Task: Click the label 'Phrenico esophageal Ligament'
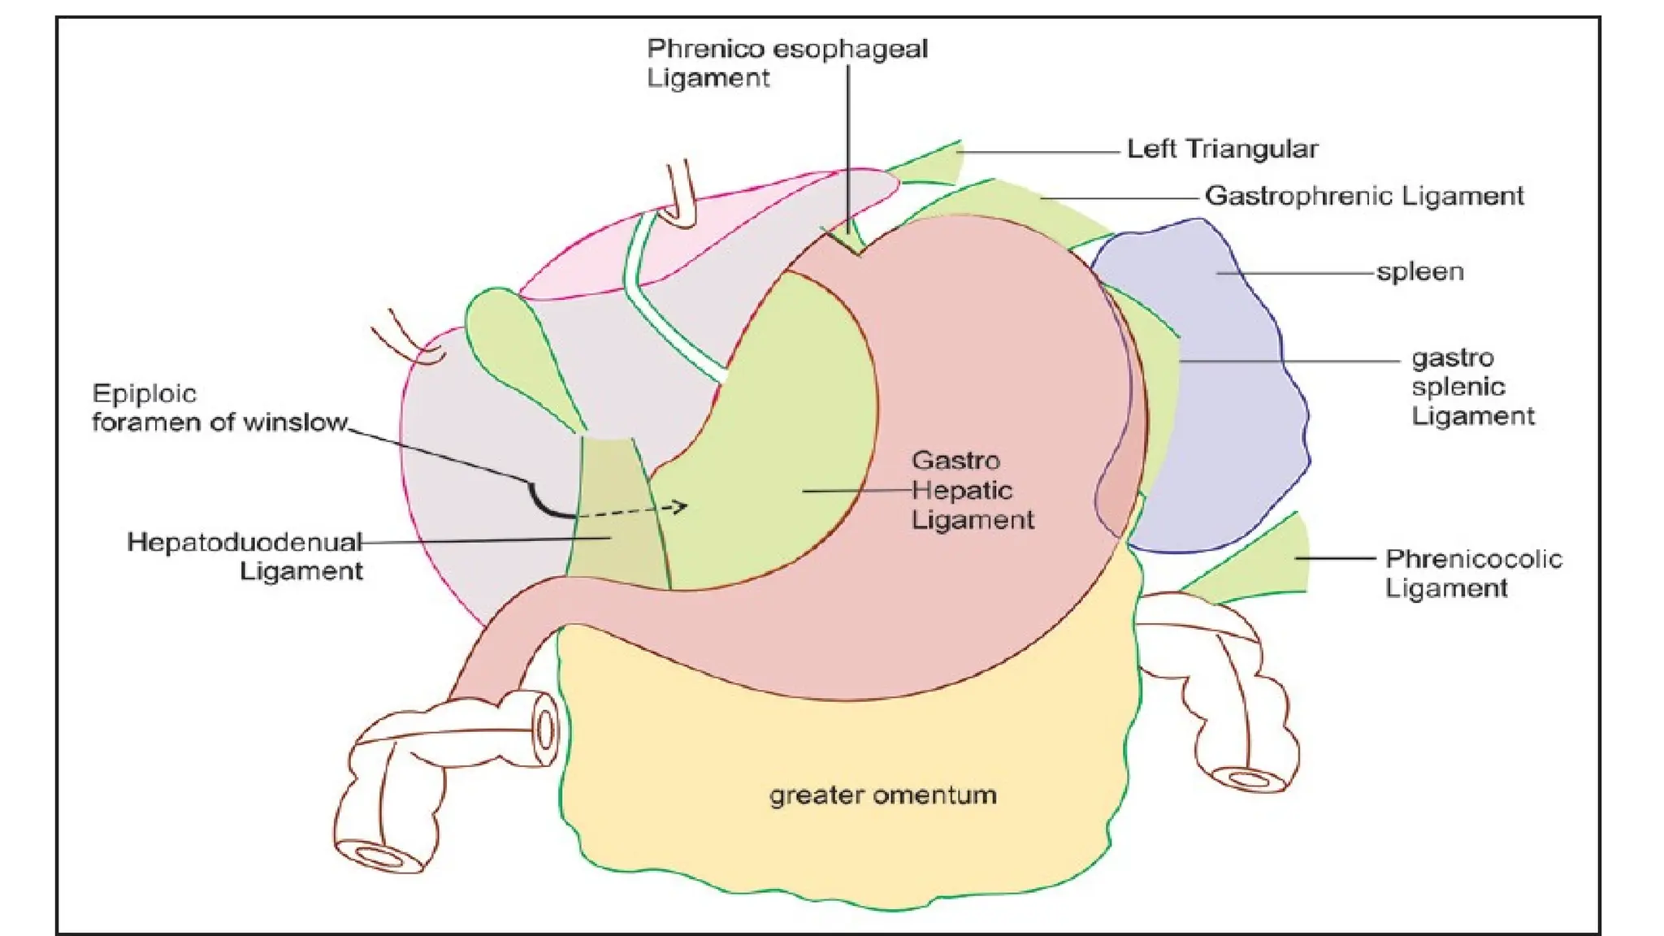(786, 63)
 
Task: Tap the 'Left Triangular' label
(1222, 149)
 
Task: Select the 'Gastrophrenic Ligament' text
(1364, 196)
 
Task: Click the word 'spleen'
(1419, 271)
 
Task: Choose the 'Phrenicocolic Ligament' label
(1472, 573)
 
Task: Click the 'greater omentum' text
(882, 795)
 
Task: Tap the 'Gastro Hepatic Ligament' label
(972, 490)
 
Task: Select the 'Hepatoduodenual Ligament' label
(245, 556)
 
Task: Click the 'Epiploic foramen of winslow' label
(219, 408)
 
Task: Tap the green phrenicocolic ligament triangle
(1267, 565)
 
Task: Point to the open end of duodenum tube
(546, 729)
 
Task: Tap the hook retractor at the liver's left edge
(410, 341)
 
